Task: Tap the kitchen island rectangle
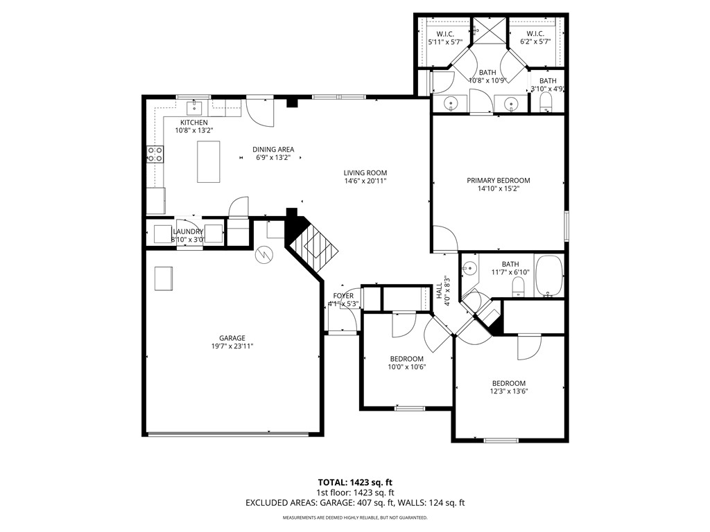point(208,161)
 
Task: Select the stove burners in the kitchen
point(155,154)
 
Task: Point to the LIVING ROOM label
point(365,173)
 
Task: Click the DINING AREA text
point(273,149)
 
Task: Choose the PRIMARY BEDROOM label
point(498,180)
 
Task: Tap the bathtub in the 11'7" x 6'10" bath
point(549,276)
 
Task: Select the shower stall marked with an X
point(490,32)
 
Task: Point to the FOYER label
point(343,296)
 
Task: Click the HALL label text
point(440,291)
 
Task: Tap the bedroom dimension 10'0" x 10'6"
point(406,367)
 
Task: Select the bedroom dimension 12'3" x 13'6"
point(509,391)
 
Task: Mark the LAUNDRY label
point(188,232)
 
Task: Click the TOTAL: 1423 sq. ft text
point(354,482)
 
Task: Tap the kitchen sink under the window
point(194,107)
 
